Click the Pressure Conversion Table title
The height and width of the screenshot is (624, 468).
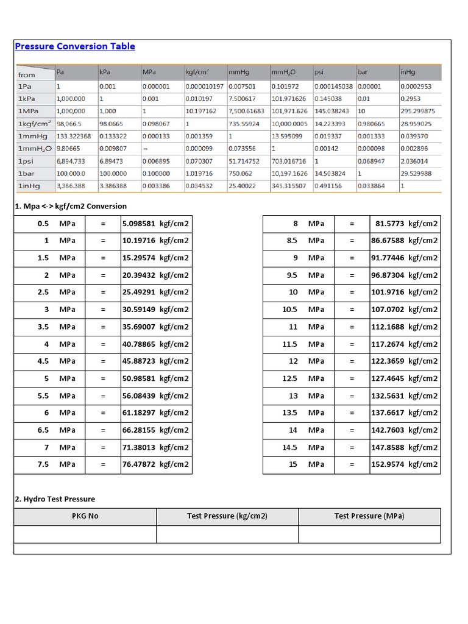tap(75, 46)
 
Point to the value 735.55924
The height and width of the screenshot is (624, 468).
tap(243, 123)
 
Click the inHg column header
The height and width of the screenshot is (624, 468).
tap(408, 72)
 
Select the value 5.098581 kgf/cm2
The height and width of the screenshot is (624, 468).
tap(156, 224)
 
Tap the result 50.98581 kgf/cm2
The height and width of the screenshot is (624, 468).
tap(156, 378)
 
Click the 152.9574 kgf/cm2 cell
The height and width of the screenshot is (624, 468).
tap(404, 464)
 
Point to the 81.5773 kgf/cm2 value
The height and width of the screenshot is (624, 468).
tap(405, 224)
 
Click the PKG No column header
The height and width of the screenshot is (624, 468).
tap(85, 516)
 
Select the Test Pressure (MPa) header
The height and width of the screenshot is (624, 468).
tap(369, 516)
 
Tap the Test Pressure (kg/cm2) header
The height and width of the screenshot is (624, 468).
tap(227, 516)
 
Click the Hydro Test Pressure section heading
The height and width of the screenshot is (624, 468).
tap(55, 499)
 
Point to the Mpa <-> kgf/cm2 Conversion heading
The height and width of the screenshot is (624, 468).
tap(71, 207)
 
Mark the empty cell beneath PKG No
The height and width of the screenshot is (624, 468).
tap(85, 534)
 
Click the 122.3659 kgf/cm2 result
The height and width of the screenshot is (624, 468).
tap(404, 361)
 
